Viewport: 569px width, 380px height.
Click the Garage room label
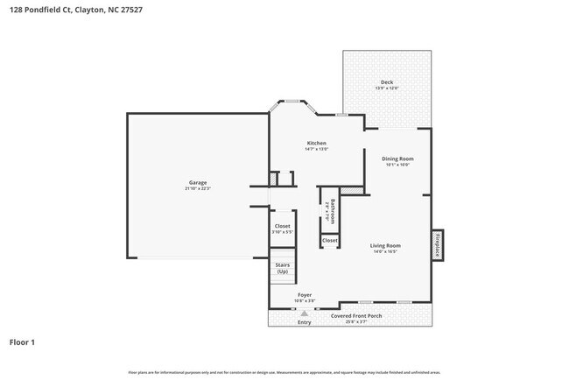click(x=197, y=182)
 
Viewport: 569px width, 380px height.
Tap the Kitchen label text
click(x=316, y=143)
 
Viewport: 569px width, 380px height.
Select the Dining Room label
click(x=397, y=158)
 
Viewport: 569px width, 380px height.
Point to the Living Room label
click(x=385, y=245)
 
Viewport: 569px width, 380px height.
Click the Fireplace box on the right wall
click(x=437, y=244)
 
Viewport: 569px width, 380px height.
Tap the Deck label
click(x=386, y=82)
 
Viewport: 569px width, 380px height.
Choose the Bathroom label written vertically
click(x=330, y=210)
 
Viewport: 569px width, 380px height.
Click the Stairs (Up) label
click(x=282, y=268)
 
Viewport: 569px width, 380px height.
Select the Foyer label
click(x=304, y=295)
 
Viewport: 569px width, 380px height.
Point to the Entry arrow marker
click(x=304, y=313)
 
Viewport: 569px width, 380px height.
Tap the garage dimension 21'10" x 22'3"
click(x=197, y=188)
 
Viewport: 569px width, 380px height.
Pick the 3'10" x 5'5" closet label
click(x=282, y=232)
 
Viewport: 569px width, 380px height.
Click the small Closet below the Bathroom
click(x=329, y=240)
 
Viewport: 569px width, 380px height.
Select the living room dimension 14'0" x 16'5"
click(x=385, y=251)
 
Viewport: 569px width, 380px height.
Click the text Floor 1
click(x=23, y=342)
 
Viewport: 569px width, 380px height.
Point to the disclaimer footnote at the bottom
click(x=284, y=372)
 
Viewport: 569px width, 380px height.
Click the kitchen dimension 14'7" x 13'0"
click(x=316, y=149)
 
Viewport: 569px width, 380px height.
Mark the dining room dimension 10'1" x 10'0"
click(x=397, y=165)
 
